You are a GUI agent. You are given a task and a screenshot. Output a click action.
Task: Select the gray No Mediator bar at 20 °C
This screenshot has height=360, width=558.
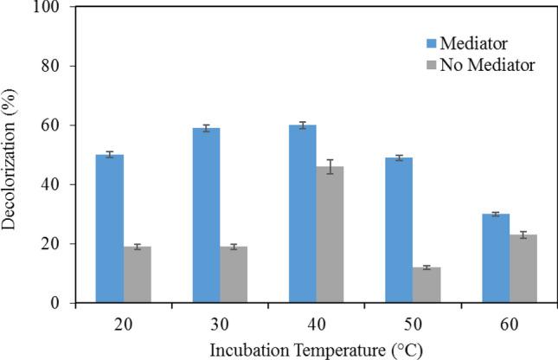tap(138, 274)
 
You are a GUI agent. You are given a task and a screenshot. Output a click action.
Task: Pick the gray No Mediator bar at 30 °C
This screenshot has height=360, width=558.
tap(234, 274)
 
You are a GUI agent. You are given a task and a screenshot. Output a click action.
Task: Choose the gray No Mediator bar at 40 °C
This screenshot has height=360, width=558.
tap(330, 235)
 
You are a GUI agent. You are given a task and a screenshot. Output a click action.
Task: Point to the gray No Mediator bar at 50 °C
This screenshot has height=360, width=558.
tap(426, 285)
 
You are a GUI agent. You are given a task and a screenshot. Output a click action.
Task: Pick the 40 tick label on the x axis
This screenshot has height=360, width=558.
tap(316, 321)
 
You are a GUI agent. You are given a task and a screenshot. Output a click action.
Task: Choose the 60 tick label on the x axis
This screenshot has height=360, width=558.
tap(508, 321)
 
